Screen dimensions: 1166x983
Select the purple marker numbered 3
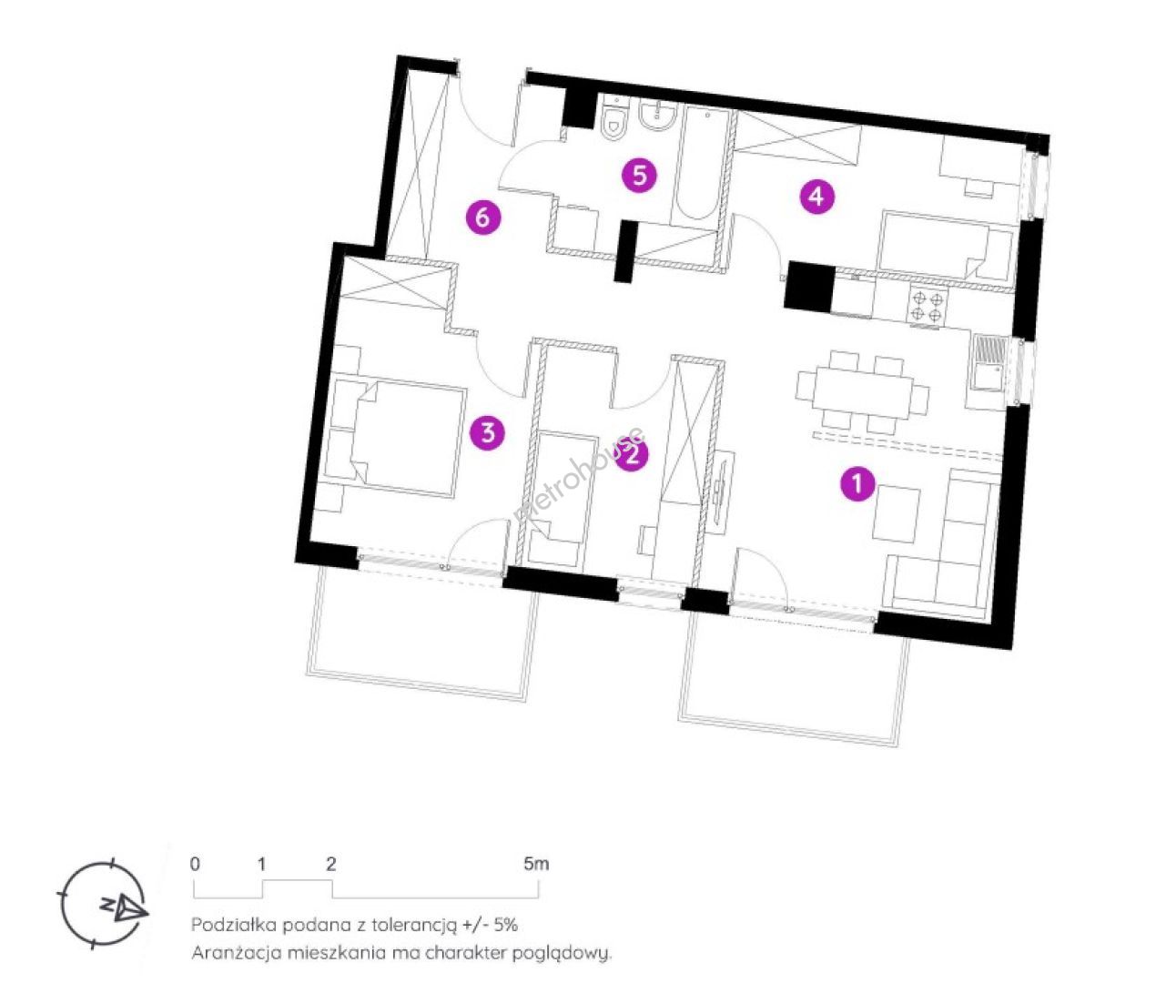[488, 431]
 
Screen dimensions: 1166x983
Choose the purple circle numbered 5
[639, 176]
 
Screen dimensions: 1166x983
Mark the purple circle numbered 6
[483, 217]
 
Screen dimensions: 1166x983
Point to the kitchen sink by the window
[989, 364]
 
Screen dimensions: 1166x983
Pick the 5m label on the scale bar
[536, 864]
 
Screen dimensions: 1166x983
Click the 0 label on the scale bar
[195, 864]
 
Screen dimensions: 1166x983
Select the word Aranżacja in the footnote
[237, 953]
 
